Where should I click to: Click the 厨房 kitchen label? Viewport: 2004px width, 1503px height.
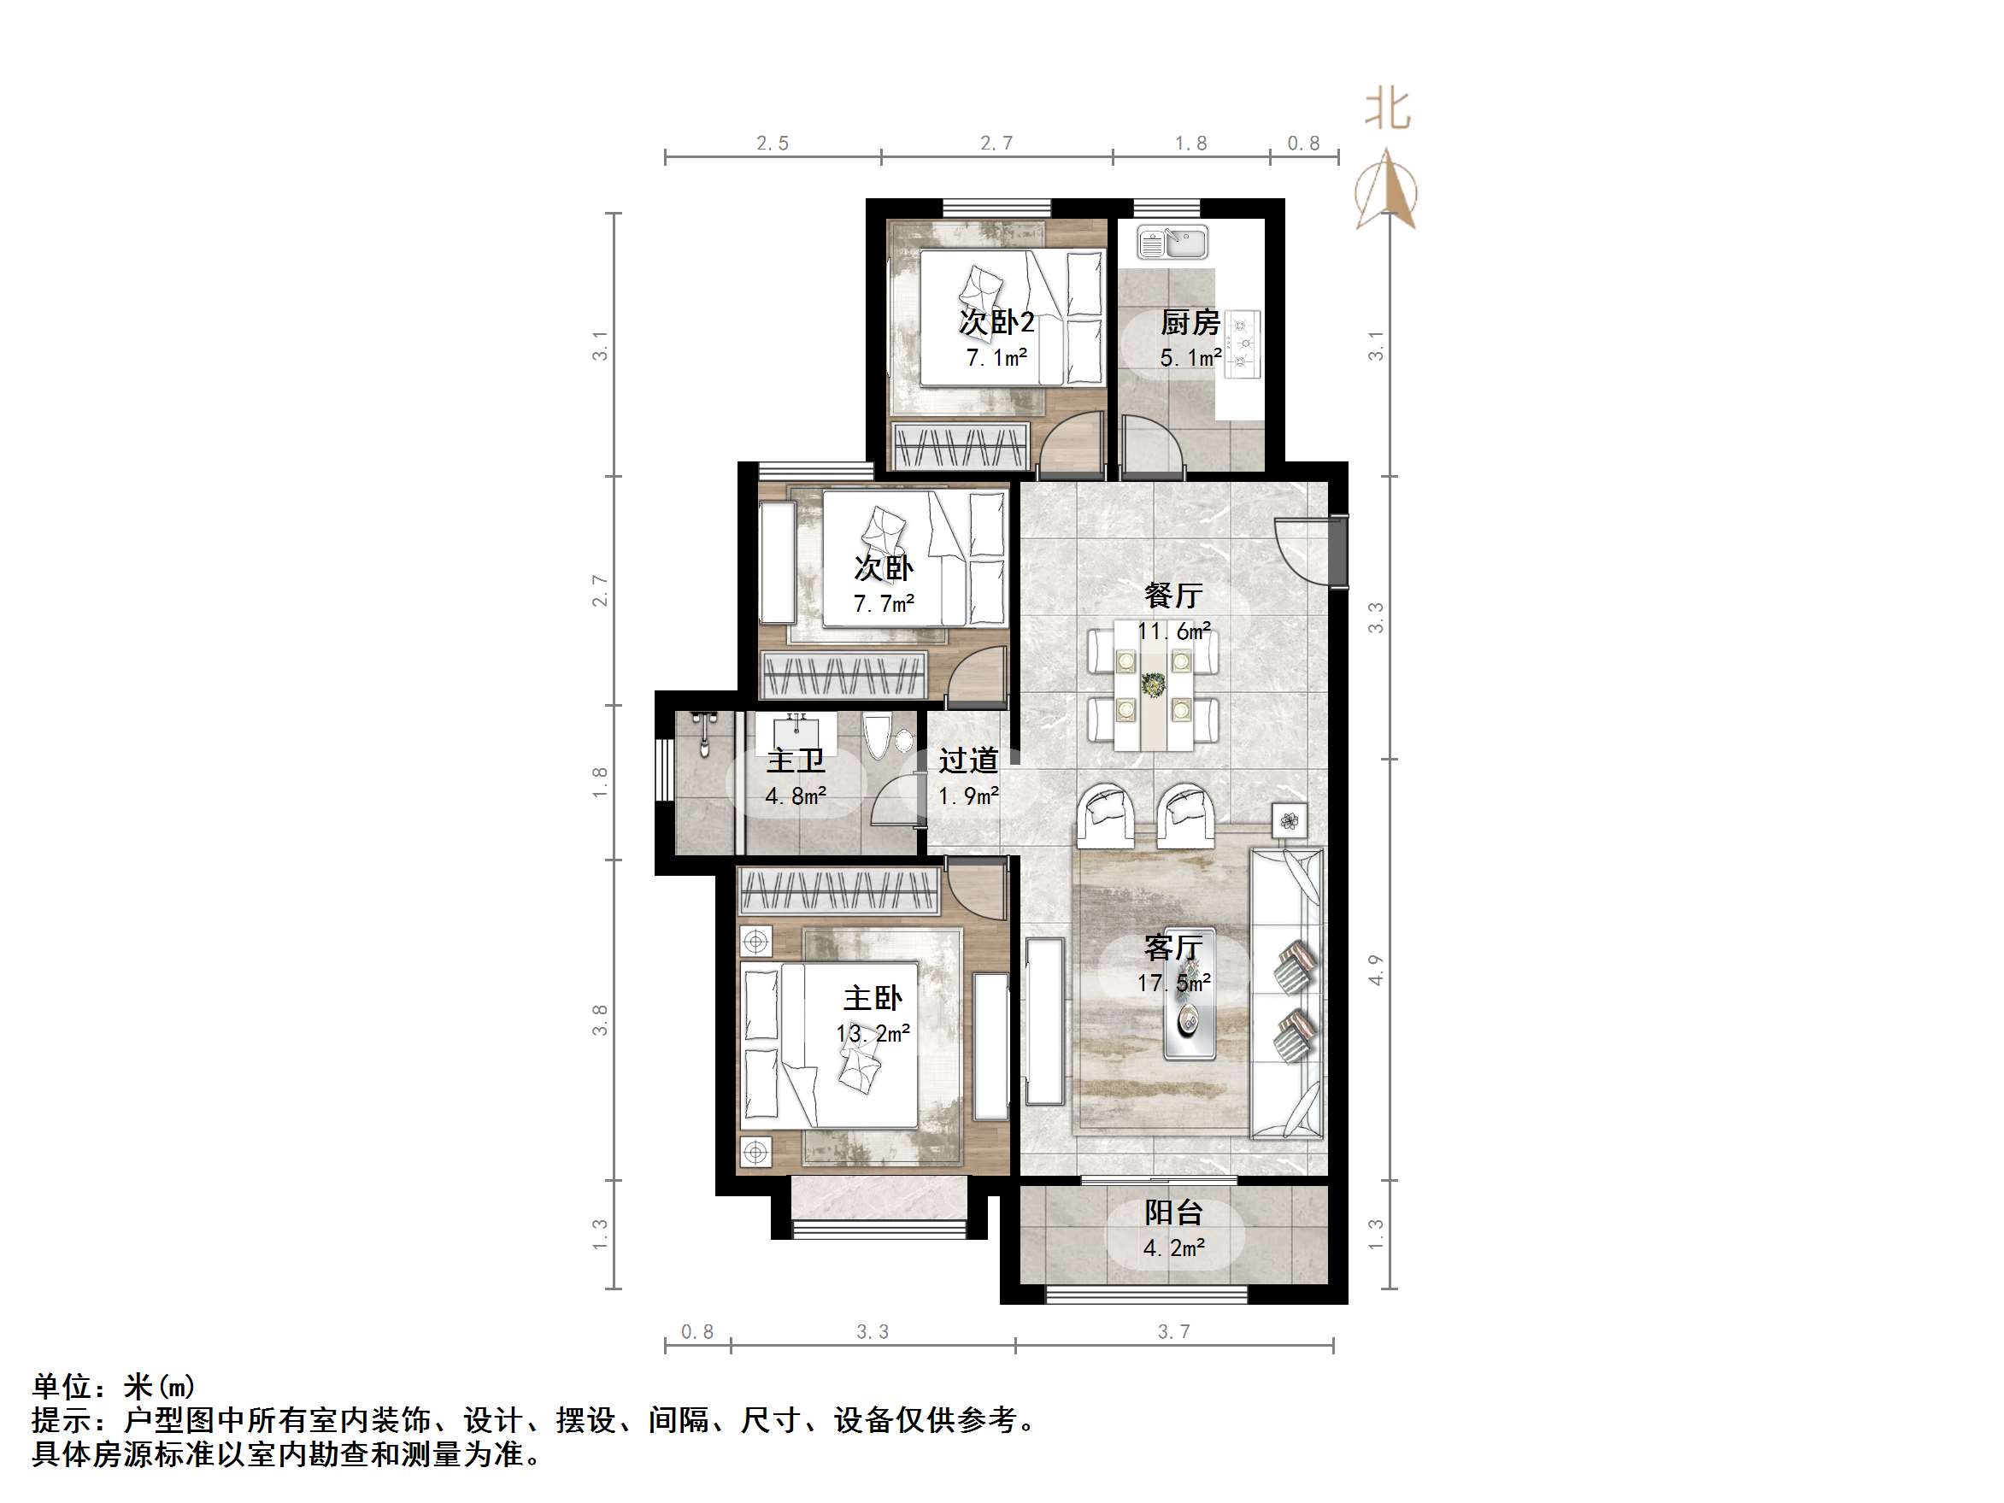pyautogui.click(x=1190, y=322)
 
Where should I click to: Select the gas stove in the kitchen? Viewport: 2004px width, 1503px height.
pyautogui.click(x=1242, y=343)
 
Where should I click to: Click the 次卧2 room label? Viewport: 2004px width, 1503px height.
pyautogui.click(x=996, y=321)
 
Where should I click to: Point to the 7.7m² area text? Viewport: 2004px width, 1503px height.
pyautogui.click(x=884, y=603)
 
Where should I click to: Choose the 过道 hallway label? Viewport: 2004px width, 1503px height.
pyautogui.click(x=967, y=760)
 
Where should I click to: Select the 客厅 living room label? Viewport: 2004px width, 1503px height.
pyautogui.click(x=1173, y=948)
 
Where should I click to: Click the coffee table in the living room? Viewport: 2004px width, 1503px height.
pyautogui.click(x=1190, y=1022)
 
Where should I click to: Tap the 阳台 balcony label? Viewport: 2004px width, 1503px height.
pyautogui.click(x=1173, y=1212)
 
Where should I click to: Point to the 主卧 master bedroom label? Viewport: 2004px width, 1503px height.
pyautogui.click(x=873, y=998)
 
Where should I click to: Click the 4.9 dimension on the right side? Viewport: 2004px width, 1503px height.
pyautogui.click(x=1376, y=971)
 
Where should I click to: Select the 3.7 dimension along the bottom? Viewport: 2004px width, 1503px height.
pyautogui.click(x=1173, y=1332)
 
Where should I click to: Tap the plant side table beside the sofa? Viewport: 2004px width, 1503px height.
pyautogui.click(x=1290, y=821)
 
